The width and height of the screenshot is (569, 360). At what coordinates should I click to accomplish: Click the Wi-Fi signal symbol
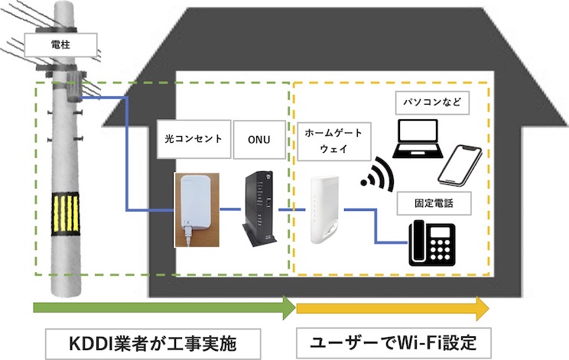pos(376,175)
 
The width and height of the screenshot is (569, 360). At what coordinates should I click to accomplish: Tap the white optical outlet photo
pos(196,209)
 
